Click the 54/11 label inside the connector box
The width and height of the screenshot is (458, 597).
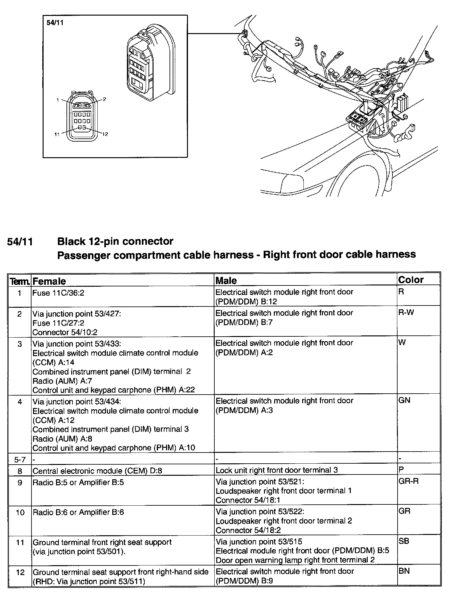pyautogui.click(x=52, y=23)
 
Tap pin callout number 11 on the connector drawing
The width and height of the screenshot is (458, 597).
pyautogui.click(x=57, y=134)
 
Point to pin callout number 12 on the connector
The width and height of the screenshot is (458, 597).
pyautogui.click(x=105, y=134)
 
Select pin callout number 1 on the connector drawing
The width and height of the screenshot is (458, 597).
pyautogui.click(x=58, y=100)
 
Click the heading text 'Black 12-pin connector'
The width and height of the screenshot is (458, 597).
pyautogui.click(x=115, y=241)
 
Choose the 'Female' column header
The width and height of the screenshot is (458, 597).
pyautogui.click(x=49, y=281)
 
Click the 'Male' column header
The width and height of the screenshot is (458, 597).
pyautogui.click(x=226, y=280)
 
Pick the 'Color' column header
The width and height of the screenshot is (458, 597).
pyautogui.click(x=411, y=280)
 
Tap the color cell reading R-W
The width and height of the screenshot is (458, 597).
pyautogui.click(x=406, y=312)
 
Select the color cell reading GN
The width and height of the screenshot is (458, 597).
pyautogui.click(x=404, y=400)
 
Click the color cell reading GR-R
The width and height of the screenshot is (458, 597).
pyautogui.click(x=408, y=481)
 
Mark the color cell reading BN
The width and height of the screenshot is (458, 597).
pyautogui.click(x=404, y=571)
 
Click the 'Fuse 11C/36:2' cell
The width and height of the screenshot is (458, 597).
pyautogui.click(x=59, y=292)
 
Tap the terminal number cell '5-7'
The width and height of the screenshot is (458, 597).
pyautogui.click(x=20, y=460)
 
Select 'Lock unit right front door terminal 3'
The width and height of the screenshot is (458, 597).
pyautogui.click(x=277, y=470)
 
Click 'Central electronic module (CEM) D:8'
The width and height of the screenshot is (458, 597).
pyautogui.click(x=97, y=471)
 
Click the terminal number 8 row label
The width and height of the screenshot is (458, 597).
pyautogui.click(x=20, y=471)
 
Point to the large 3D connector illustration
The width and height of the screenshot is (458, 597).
pyautogui.click(x=149, y=62)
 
